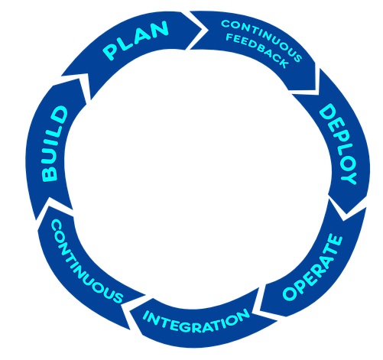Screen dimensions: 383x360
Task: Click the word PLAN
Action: tap(136, 41)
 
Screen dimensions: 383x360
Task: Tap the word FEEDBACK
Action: tap(257, 51)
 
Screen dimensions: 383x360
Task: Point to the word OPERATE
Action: tap(313, 267)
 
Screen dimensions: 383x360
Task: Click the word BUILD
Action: tap(54, 144)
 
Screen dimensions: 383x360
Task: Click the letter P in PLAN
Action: tap(110, 53)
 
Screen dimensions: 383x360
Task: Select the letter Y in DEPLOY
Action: tap(349, 177)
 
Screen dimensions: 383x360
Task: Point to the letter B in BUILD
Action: tap(50, 174)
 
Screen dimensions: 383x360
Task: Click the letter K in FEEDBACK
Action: tap(284, 63)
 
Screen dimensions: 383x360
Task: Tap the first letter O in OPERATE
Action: tap(290, 293)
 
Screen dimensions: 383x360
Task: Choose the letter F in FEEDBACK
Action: tap(229, 37)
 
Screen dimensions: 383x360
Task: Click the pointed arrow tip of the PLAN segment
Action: tap(203, 30)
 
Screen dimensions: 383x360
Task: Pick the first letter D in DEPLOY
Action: tap(326, 112)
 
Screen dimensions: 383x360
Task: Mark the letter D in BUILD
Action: tap(60, 113)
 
